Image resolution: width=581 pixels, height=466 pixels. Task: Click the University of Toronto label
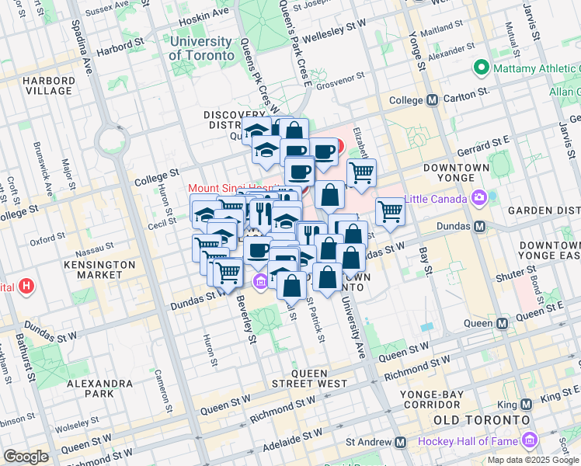[x=201, y=48]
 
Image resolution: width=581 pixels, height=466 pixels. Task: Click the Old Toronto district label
[x=464, y=419]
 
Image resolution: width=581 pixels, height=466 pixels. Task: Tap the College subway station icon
[x=433, y=100]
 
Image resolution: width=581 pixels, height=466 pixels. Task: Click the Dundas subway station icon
[x=479, y=226]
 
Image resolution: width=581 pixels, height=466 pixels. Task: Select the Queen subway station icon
[x=503, y=322]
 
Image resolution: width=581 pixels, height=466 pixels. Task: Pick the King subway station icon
[x=526, y=405]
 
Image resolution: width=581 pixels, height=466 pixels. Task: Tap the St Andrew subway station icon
[x=400, y=442]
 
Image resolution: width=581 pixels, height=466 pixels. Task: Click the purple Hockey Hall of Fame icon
[x=531, y=441]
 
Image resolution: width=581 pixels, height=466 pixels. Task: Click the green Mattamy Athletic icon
[x=481, y=68]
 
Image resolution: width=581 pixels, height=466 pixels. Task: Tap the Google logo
[x=26, y=457]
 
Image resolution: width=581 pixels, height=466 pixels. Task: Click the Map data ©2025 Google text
[x=533, y=460]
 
